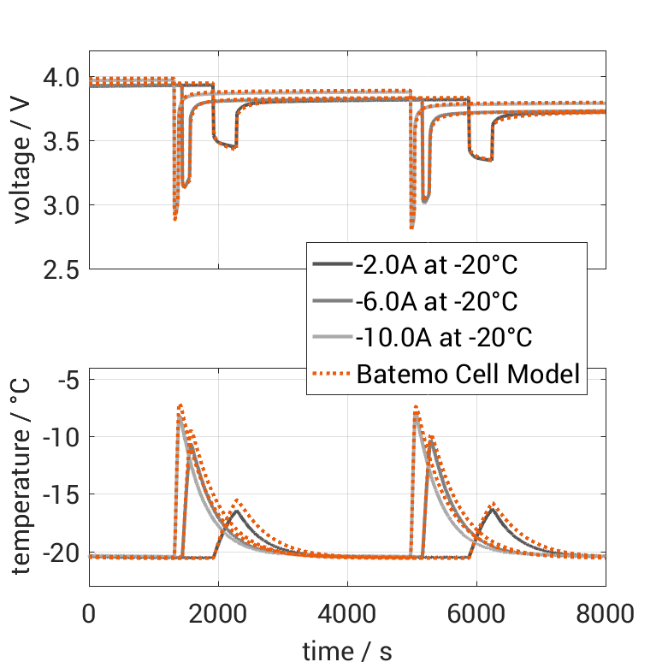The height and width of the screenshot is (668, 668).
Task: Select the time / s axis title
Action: click(x=347, y=652)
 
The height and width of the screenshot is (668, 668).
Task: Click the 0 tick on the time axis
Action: click(x=88, y=613)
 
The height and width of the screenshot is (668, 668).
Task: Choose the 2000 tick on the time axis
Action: click(x=217, y=613)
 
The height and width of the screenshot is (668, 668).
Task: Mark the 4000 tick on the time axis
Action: click(x=347, y=613)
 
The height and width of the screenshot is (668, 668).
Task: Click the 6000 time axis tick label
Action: click(x=476, y=613)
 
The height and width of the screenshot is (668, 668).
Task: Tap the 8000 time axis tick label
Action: click(x=606, y=613)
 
